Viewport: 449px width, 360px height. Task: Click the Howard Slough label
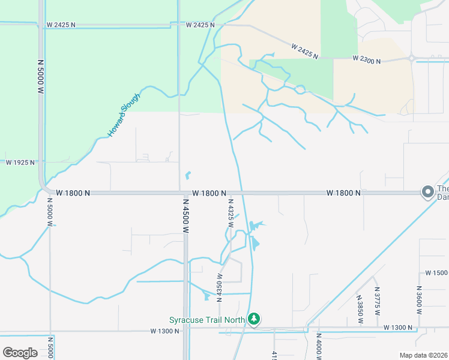point(125,115)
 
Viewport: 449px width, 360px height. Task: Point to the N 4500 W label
point(186,217)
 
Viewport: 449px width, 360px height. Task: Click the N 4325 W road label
point(230,214)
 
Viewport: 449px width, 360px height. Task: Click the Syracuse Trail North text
point(206,320)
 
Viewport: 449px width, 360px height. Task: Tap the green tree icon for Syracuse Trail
point(255,319)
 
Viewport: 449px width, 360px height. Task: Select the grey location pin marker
point(427,192)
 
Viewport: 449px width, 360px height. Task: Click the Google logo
point(20,352)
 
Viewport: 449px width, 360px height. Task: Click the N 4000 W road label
point(319,346)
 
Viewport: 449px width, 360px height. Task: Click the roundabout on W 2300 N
point(412,58)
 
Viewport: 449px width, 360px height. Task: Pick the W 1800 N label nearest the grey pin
point(344,193)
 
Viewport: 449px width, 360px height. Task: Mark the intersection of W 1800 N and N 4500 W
point(182,193)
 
